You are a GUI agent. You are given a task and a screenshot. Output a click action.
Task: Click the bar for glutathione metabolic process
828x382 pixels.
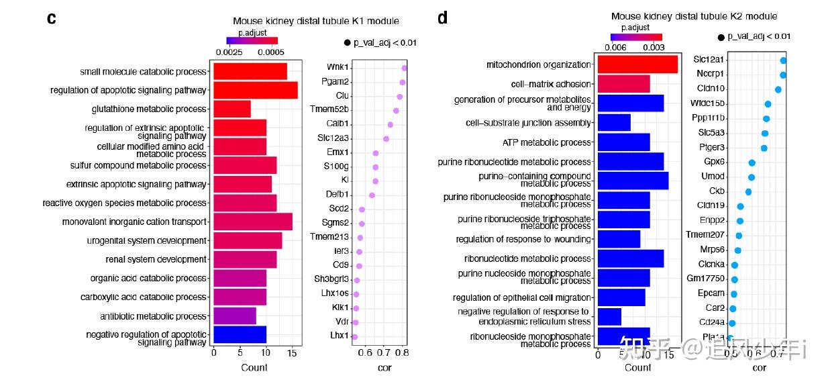[x=231, y=109]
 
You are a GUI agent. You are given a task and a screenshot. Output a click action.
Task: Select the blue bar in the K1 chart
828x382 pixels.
[x=240, y=334]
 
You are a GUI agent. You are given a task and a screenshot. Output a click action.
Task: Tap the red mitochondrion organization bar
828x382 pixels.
[x=637, y=64]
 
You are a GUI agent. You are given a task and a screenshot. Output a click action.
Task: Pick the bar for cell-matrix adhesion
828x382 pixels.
[x=623, y=84]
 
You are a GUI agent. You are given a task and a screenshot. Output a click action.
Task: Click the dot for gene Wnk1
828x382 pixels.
[x=405, y=68]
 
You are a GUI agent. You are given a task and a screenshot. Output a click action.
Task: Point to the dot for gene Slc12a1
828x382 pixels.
[x=783, y=60]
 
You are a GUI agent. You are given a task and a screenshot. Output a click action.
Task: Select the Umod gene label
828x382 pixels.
[x=713, y=177]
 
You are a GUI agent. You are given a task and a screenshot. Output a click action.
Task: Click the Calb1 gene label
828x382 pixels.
[x=338, y=124]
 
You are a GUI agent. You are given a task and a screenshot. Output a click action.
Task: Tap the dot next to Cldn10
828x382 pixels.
[x=778, y=89]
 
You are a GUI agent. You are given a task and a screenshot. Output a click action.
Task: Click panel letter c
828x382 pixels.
[x=51, y=18]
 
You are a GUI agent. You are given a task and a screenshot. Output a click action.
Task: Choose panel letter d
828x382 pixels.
[x=442, y=18]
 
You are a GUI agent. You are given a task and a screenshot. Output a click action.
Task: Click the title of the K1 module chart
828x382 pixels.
[x=315, y=21]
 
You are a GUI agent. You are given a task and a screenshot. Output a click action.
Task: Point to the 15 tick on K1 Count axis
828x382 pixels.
[x=292, y=352]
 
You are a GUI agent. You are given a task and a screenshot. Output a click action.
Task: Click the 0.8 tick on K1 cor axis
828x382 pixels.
[x=401, y=352]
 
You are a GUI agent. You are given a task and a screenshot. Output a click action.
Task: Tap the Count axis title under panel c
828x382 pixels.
[x=254, y=367]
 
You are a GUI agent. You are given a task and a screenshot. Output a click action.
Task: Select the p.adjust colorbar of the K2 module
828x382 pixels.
[x=636, y=38]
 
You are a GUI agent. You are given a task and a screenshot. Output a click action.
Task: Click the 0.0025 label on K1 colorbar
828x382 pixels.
[x=229, y=51]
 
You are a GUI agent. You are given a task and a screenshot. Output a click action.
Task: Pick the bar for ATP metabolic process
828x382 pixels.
[x=623, y=142]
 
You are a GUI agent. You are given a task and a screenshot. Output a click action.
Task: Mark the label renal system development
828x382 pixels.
[x=156, y=259]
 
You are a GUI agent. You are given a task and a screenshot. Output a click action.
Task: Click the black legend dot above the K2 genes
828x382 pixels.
[x=721, y=38]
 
